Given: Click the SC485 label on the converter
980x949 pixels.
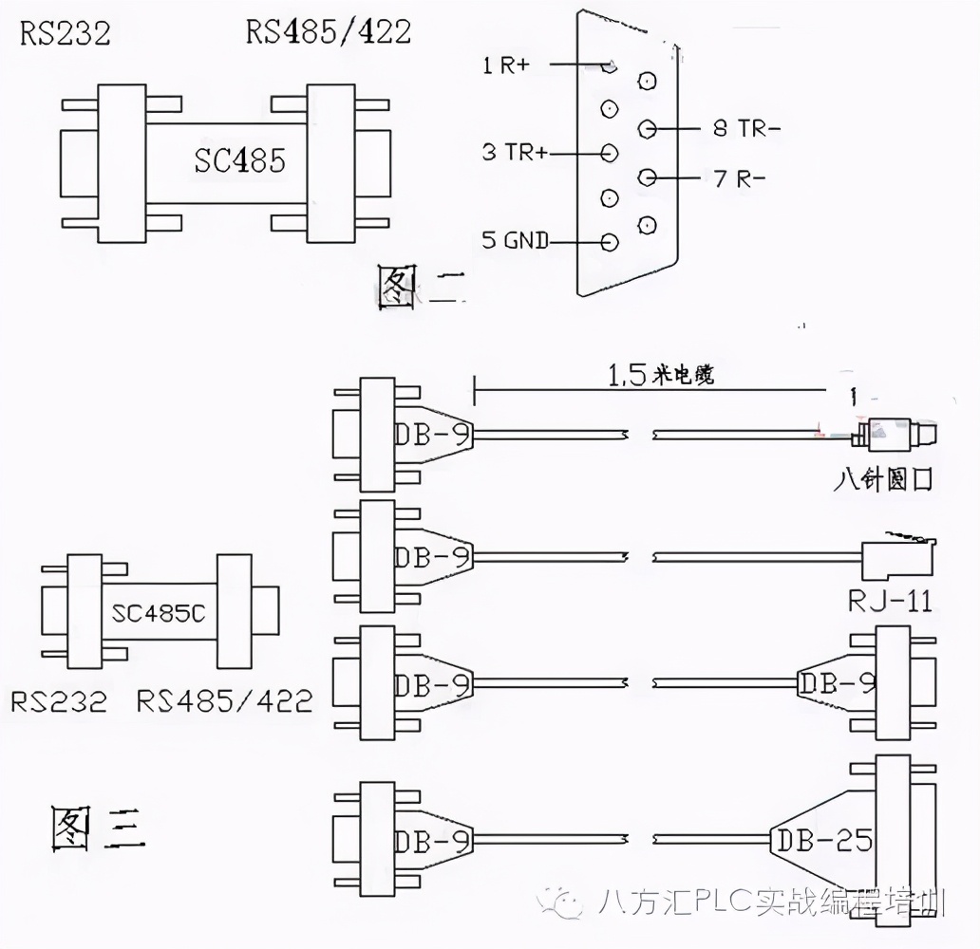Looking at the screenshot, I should click(x=239, y=160).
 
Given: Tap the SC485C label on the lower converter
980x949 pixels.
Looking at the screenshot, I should click(x=159, y=612).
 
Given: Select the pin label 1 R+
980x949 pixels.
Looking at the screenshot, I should click(x=506, y=65).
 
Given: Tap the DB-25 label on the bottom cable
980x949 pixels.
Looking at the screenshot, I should click(x=823, y=840).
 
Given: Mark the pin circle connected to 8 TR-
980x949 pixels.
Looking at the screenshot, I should click(x=648, y=127).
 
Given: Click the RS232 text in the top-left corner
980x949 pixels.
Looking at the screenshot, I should click(x=66, y=33).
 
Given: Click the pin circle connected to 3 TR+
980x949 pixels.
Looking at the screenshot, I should click(x=609, y=153).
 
